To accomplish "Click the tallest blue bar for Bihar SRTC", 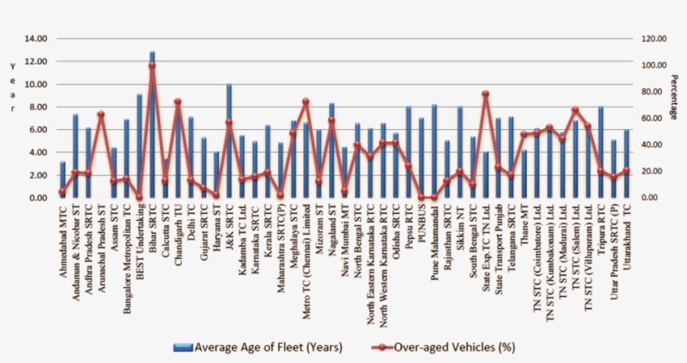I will click(x=152, y=126).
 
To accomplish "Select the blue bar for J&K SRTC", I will click(x=229, y=143).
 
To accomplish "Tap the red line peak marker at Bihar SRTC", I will click(x=152, y=65).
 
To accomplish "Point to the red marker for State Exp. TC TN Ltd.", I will click(x=485, y=94).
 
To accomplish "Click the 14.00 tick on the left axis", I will click(x=36, y=39).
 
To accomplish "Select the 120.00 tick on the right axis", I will click(x=631, y=39).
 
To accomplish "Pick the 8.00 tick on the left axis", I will click(x=39, y=107).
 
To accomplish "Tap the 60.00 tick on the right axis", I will click(x=629, y=118).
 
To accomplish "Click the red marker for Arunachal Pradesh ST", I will click(x=101, y=114).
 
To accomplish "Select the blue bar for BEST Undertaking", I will click(x=139, y=147).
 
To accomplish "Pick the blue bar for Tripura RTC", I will click(x=600, y=153).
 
